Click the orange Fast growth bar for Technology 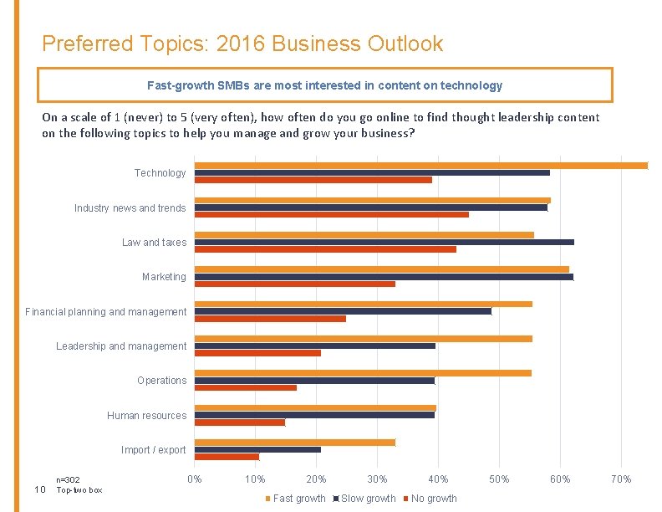(x=420, y=165)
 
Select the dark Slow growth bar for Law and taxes (x=384, y=242)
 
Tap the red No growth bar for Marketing (x=294, y=284)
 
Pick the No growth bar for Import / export (x=227, y=457)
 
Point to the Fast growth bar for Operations (x=363, y=372)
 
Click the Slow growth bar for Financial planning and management (x=343, y=311)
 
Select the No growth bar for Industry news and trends (x=331, y=215)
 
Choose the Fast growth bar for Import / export (x=294, y=443)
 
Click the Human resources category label (x=146, y=416)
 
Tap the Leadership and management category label (x=121, y=346)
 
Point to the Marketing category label (x=164, y=277)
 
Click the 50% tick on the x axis (x=498, y=479)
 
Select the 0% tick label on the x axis (x=194, y=479)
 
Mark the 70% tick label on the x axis (x=620, y=479)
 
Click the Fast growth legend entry (x=298, y=499)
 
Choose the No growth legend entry (x=433, y=499)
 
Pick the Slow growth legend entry (x=367, y=499)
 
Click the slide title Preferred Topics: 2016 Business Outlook (x=242, y=44)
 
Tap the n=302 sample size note (x=68, y=480)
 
